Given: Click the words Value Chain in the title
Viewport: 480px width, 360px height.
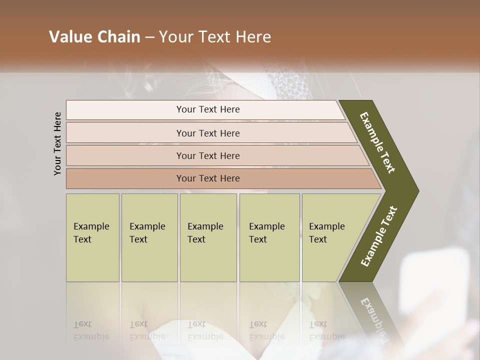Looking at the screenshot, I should (94, 37).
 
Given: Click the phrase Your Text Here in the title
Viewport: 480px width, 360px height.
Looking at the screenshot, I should (215, 37).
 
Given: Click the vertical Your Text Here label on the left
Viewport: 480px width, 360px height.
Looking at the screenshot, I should (57, 143).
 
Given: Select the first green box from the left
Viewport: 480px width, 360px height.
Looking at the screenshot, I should (92, 237).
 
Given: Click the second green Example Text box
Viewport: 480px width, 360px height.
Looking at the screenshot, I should (149, 237).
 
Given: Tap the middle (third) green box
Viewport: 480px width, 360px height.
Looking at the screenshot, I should (208, 237).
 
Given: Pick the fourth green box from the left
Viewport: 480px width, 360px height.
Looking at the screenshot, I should (269, 237).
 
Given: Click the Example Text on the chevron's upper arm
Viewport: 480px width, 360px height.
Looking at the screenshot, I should (377, 142).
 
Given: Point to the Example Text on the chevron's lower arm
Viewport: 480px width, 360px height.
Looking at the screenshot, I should (378, 236).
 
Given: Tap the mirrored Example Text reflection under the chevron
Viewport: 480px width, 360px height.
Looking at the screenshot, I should (372, 320).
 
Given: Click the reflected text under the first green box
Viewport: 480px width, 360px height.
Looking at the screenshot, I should (91, 330).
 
